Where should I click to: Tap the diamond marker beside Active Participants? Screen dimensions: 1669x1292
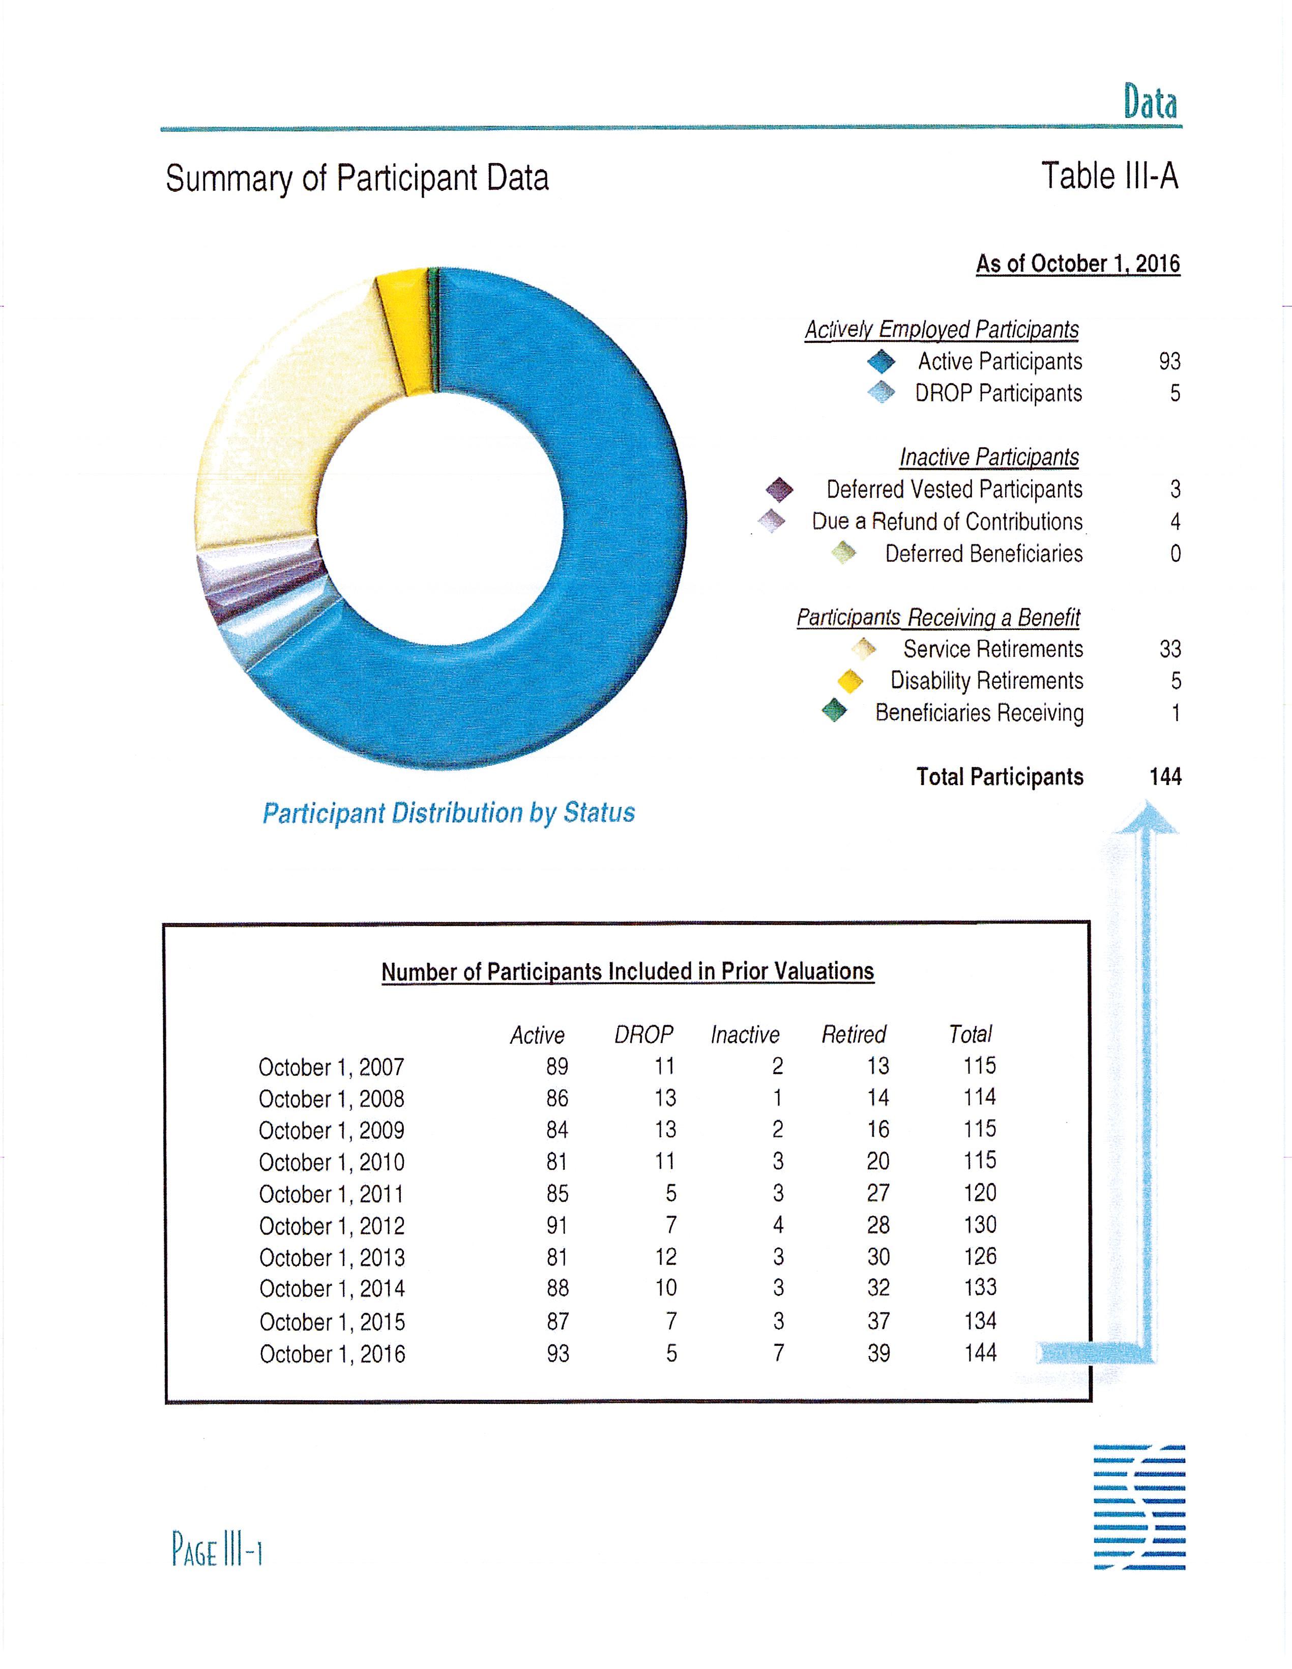point(881,361)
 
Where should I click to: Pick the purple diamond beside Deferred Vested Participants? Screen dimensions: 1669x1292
point(779,489)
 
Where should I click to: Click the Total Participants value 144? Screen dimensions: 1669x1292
point(1165,777)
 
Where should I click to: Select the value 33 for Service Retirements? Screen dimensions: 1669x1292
point(1170,650)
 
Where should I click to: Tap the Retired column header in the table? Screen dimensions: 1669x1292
point(854,1034)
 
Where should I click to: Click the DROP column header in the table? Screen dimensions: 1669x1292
point(643,1034)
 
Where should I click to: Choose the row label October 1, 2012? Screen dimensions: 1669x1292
point(332,1226)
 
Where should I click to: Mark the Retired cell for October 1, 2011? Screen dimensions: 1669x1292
point(878,1193)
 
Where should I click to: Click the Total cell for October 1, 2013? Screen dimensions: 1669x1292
point(980,1257)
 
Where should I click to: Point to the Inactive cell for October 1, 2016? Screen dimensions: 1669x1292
point(778,1354)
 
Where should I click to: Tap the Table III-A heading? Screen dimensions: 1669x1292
point(1109,177)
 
